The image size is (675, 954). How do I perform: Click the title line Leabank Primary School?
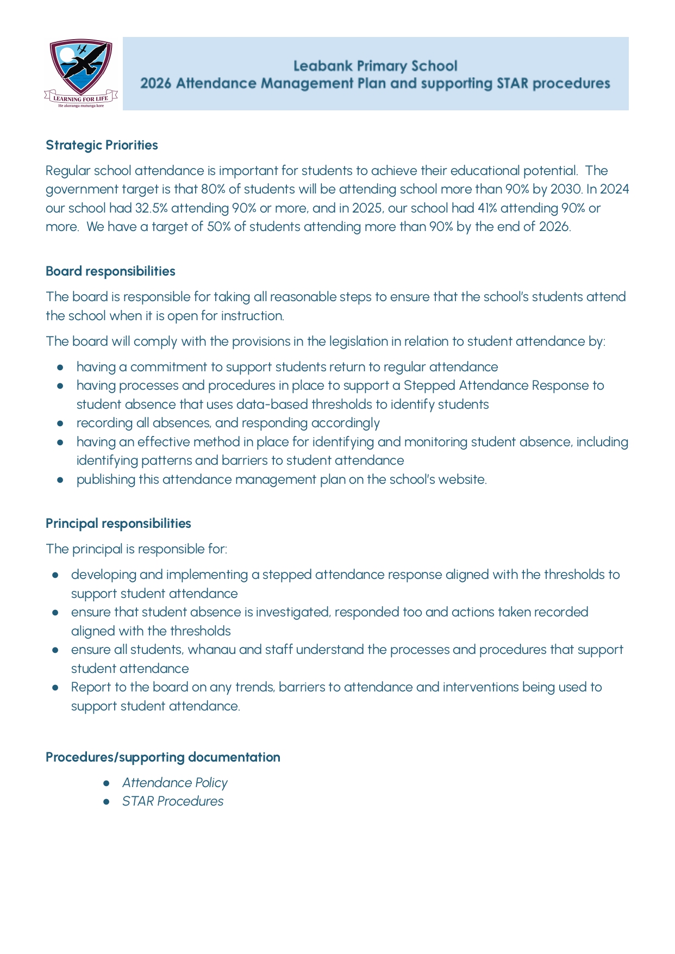point(375,66)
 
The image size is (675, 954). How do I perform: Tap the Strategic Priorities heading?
point(102,145)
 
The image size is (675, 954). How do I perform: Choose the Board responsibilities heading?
point(110,271)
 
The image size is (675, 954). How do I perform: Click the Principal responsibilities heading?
point(118,523)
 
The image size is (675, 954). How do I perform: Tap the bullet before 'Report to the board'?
point(55,687)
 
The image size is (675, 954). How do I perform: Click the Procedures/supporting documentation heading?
point(163,757)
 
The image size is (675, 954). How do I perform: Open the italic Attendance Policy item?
point(174,783)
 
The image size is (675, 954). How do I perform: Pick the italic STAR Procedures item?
point(172,801)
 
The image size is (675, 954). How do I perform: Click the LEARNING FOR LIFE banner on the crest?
point(80,98)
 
